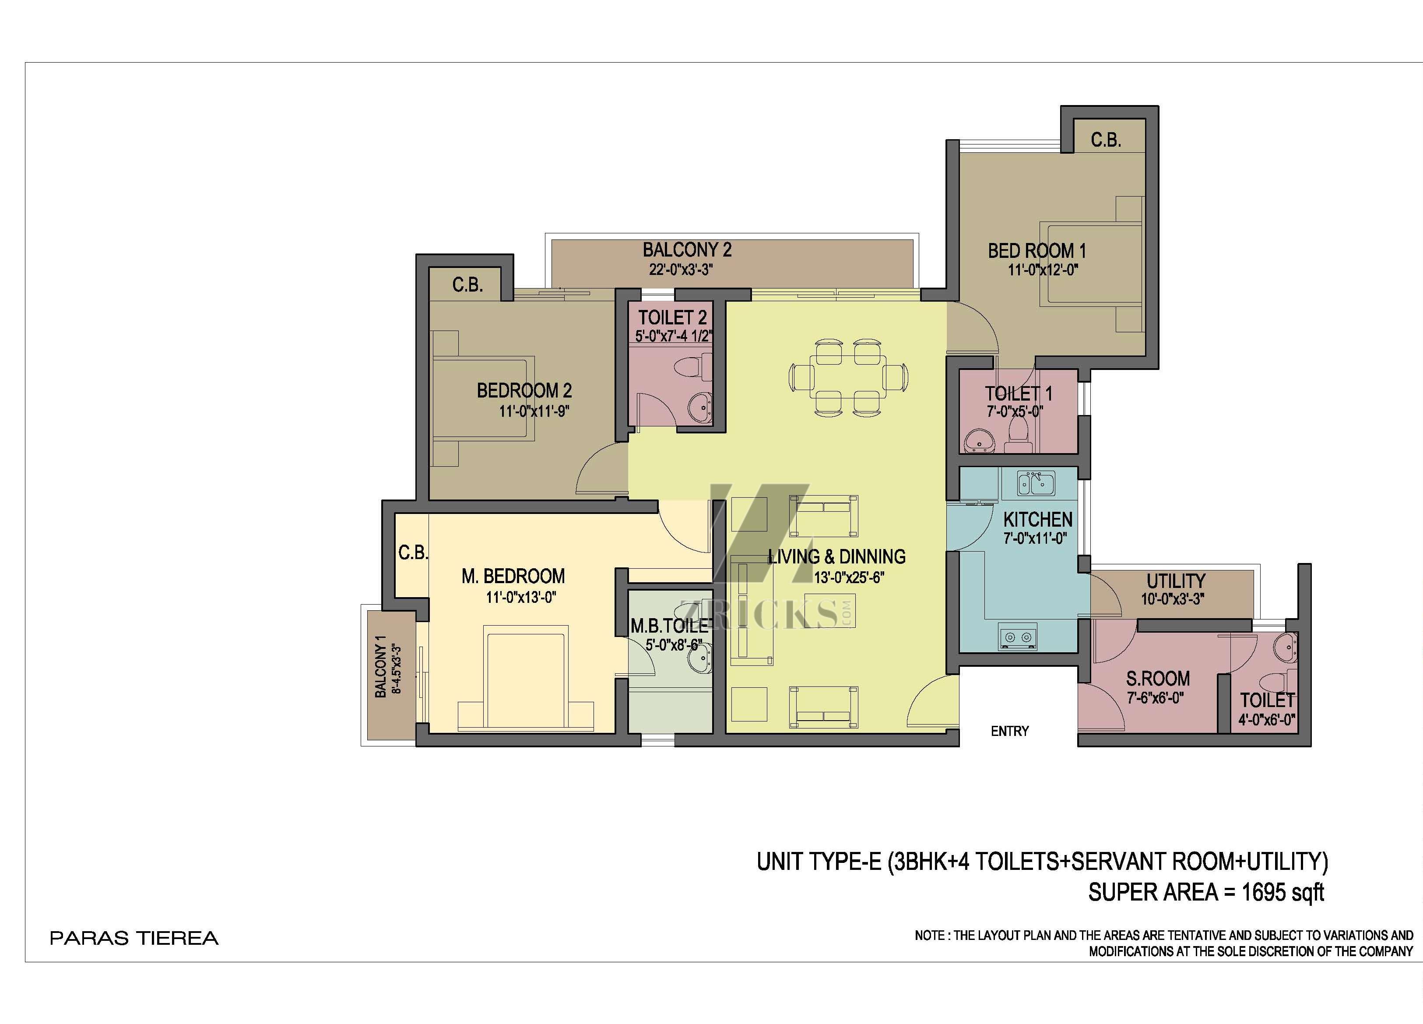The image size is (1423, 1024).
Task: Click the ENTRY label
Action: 1009,731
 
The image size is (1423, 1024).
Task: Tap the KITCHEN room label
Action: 1038,520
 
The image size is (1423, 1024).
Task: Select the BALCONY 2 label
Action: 687,250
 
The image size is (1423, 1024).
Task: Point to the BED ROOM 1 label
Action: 1037,251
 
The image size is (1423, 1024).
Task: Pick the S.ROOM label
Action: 1158,678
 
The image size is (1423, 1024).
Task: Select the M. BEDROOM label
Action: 513,576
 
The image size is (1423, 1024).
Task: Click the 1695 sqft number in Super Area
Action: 1282,892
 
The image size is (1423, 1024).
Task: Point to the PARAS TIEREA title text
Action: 134,939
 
